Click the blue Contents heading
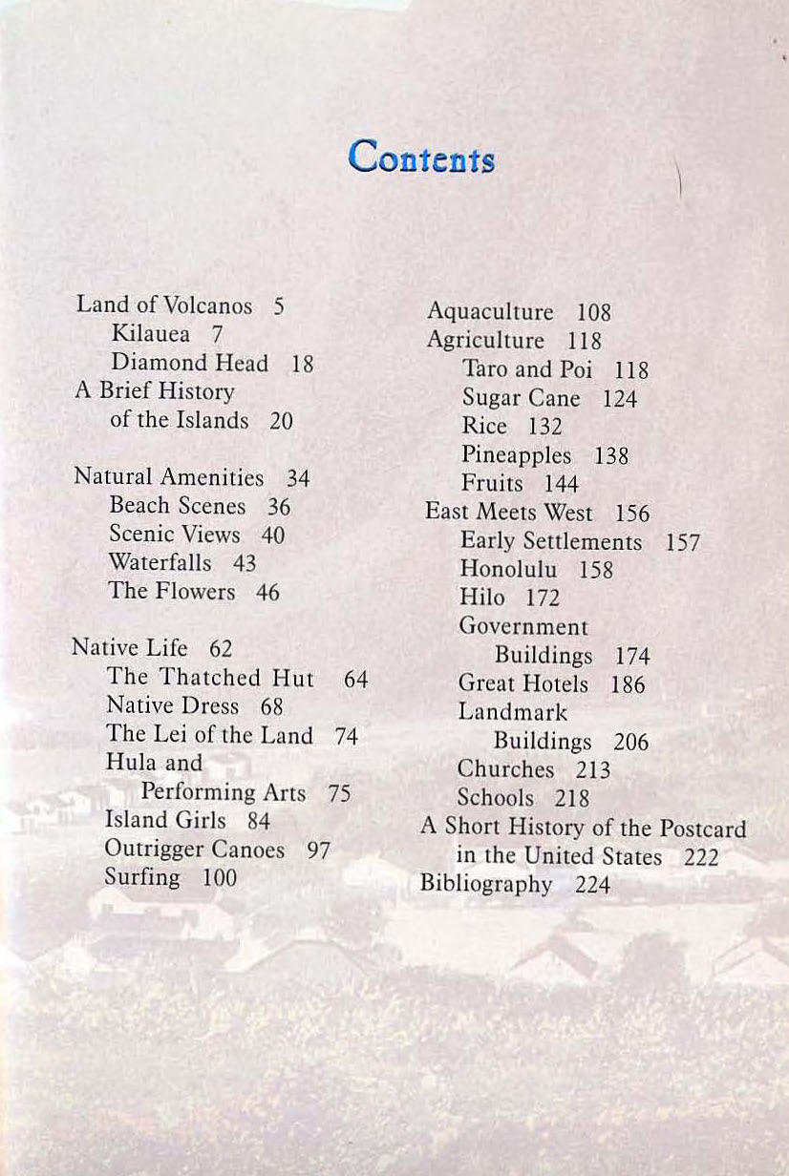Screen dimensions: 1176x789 coord(421,156)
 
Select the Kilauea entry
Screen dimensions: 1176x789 coord(152,334)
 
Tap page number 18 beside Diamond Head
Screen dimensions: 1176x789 coord(302,364)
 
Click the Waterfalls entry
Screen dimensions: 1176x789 coord(160,563)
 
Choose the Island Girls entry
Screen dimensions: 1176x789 coord(166,821)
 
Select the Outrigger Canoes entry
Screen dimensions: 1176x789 coord(195,850)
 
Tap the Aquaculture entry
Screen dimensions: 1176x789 coord(490,312)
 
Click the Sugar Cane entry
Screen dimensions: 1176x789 coord(522,398)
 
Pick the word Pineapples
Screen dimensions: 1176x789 coord(517,455)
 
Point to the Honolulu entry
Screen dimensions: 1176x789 coord(508,570)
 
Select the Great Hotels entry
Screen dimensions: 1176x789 coord(523,684)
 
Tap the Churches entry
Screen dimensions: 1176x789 coord(506,769)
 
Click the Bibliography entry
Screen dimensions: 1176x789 coord(487,884)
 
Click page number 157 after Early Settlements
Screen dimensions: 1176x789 coord(683,543)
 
